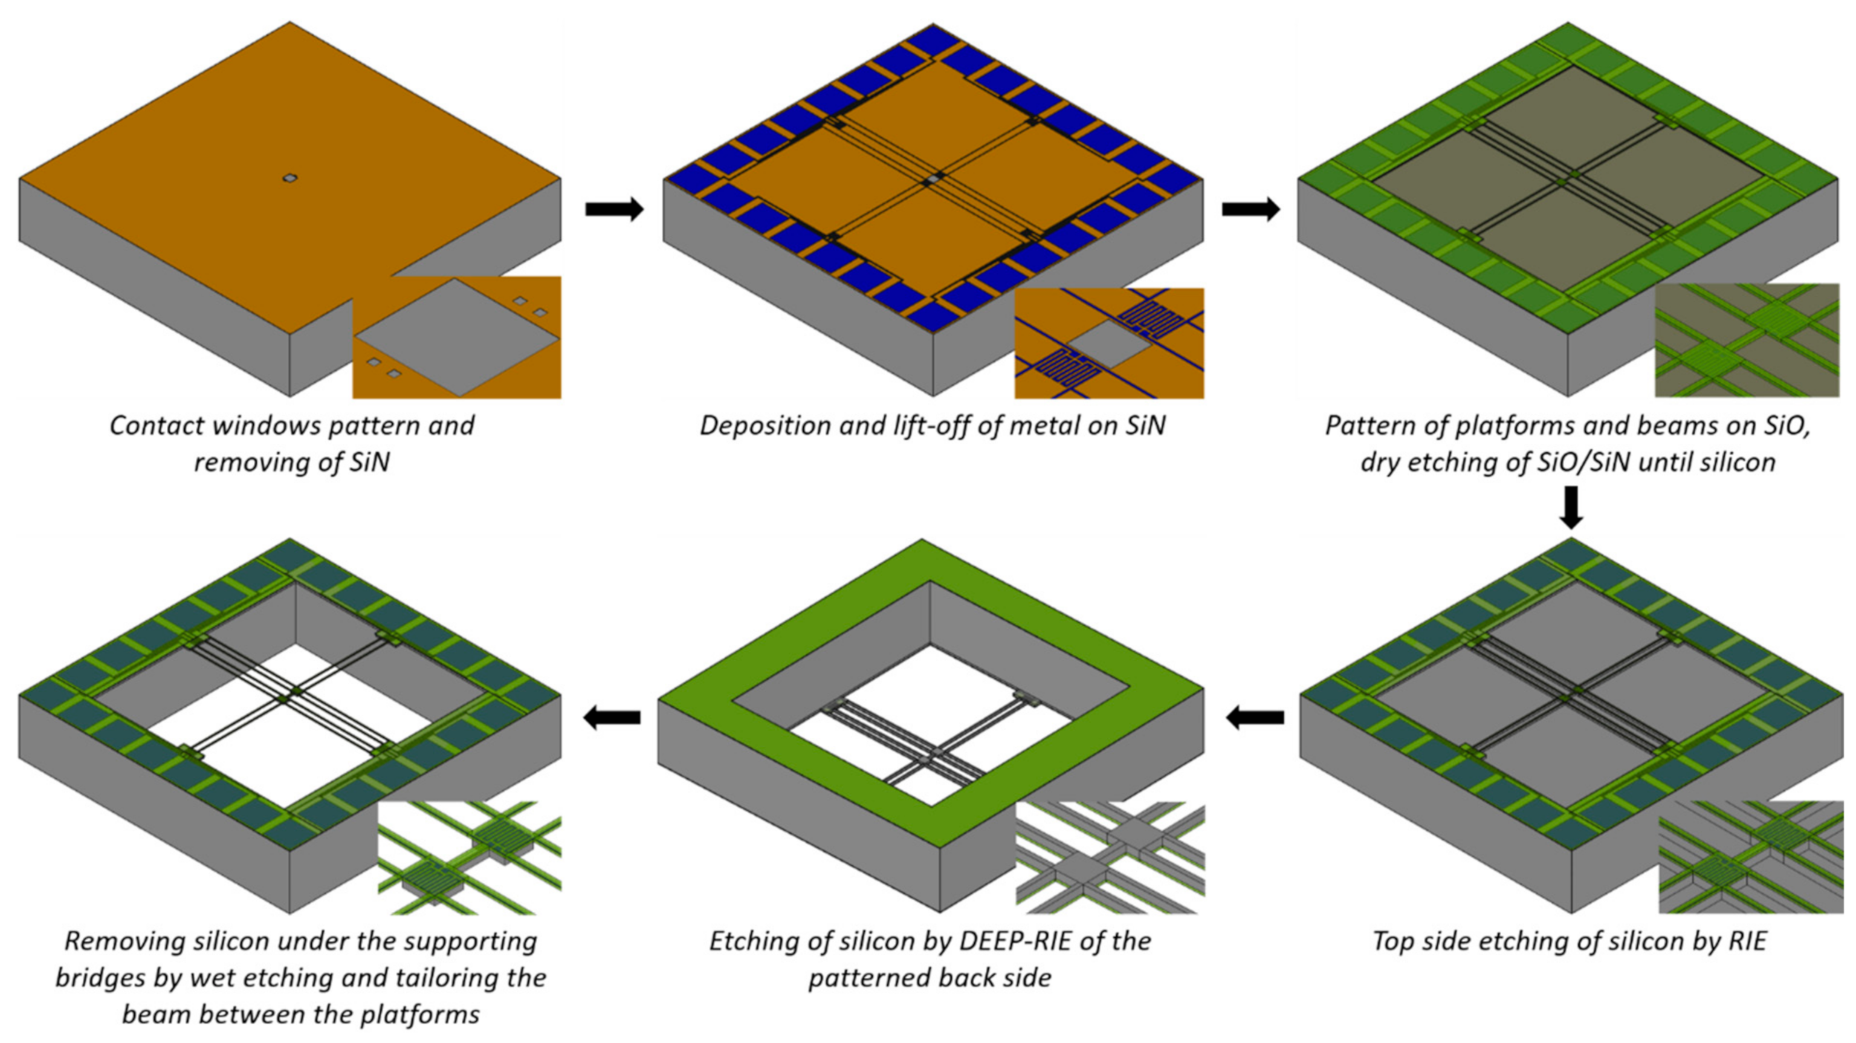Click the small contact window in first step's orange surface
tap(289, 178)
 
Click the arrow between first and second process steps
tap(614, 209)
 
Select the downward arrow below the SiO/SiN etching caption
tap(1571, 507)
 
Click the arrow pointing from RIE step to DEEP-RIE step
tap(1255, 717)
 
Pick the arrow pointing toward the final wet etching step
tap(612, 717)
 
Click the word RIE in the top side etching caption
tap(1746, 941)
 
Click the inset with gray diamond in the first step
tap(456, 337)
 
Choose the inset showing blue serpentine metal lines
tap(1108, 343)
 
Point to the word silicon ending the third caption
tap(1737, 462)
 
